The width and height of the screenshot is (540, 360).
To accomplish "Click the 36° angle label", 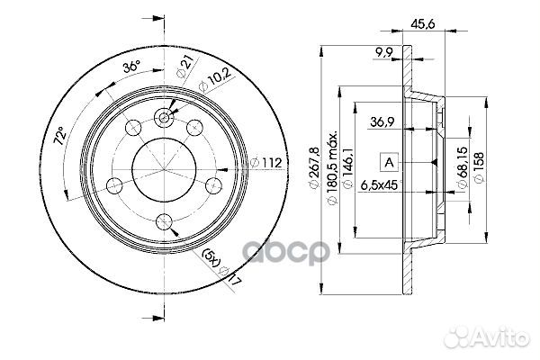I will (x=131, y=67).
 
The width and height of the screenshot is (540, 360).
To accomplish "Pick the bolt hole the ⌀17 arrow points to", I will (x=163, y=220).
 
